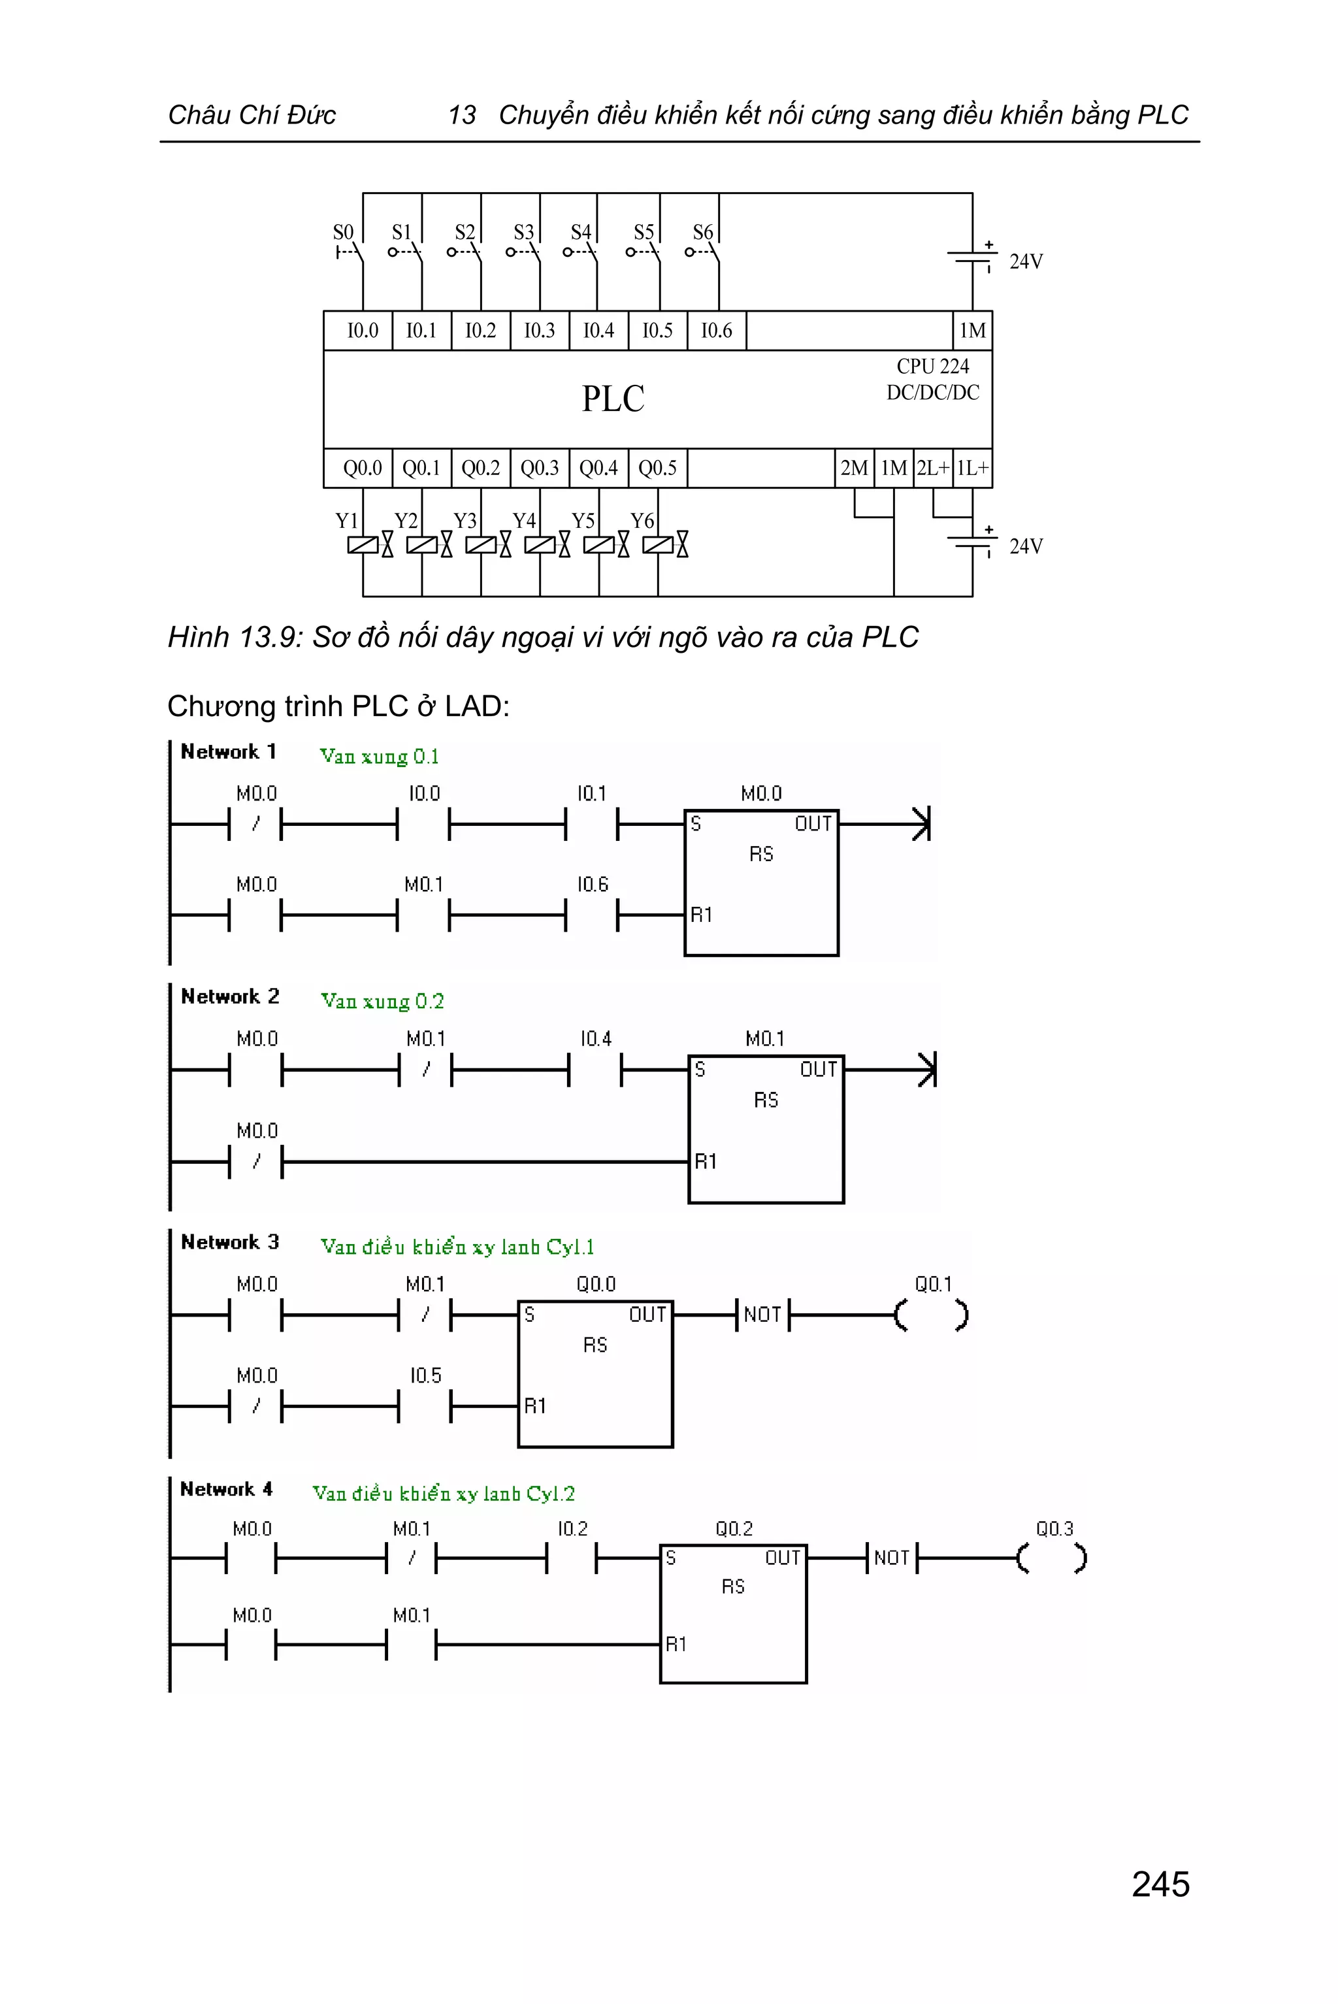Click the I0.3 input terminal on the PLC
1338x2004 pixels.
[x=539, y=331]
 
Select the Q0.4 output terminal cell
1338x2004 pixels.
[x=598, y=468]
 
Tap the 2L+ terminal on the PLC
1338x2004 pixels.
[x=933, y=468]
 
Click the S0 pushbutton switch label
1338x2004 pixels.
[x=343, y=232]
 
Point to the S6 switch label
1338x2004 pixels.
[x=702, y=232]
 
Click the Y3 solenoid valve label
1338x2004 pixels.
[x=465, y=521]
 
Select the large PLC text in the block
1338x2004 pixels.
[x=613, y=399]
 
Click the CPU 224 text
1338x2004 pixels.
[x=933, y=366]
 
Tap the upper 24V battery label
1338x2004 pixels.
[x=1026, y=261]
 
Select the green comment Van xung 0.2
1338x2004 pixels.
[x=382, y=1000]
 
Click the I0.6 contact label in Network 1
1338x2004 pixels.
[x=592, y=884]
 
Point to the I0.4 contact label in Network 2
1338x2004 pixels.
[x=596, y=1039]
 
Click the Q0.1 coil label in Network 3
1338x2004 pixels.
[x=933, y=1284]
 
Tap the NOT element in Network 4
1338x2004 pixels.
[x=892, y=1558]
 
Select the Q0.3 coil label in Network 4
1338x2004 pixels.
[x=1054, y=1528]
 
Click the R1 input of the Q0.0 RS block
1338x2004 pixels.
[x=535, y=1405]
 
